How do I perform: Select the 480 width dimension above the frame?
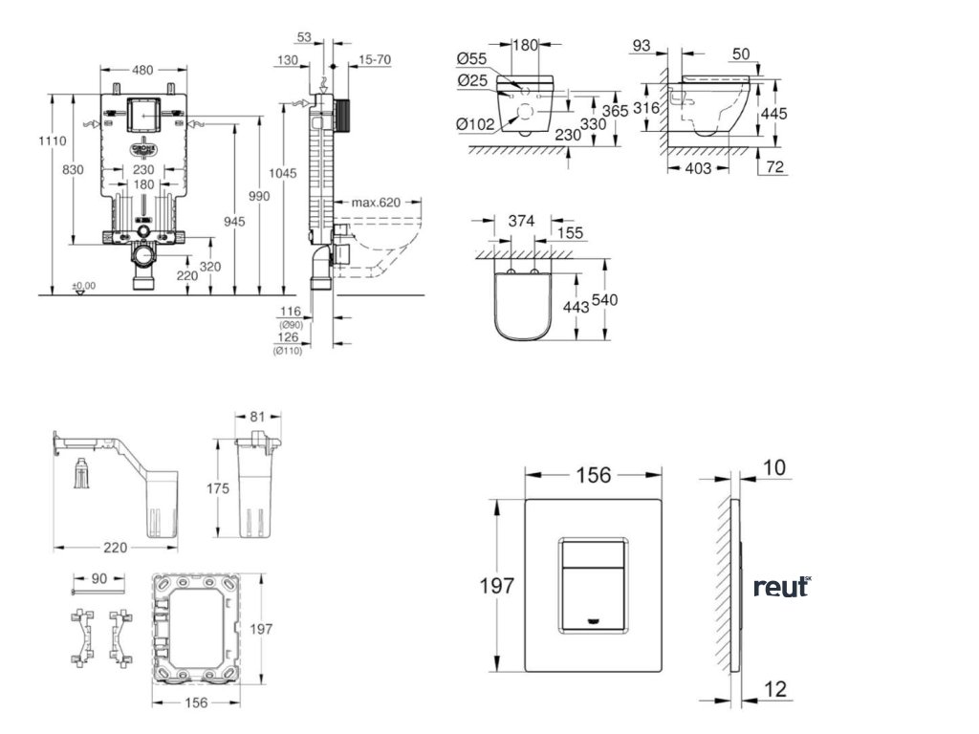click(142, 69)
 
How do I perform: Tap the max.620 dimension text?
click(374, 202)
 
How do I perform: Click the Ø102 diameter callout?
click(474, 123)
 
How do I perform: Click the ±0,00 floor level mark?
click(84, 285)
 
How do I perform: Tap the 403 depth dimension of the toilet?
click(699, 168)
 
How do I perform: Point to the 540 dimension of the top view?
click(604, 300)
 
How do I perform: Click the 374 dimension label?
click(521, 221)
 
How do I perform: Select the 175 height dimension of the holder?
click(219, 488)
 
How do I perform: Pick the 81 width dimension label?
click(258, 416)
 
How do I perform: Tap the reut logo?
click(781, 587)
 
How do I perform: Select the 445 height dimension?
click(774, 113)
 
